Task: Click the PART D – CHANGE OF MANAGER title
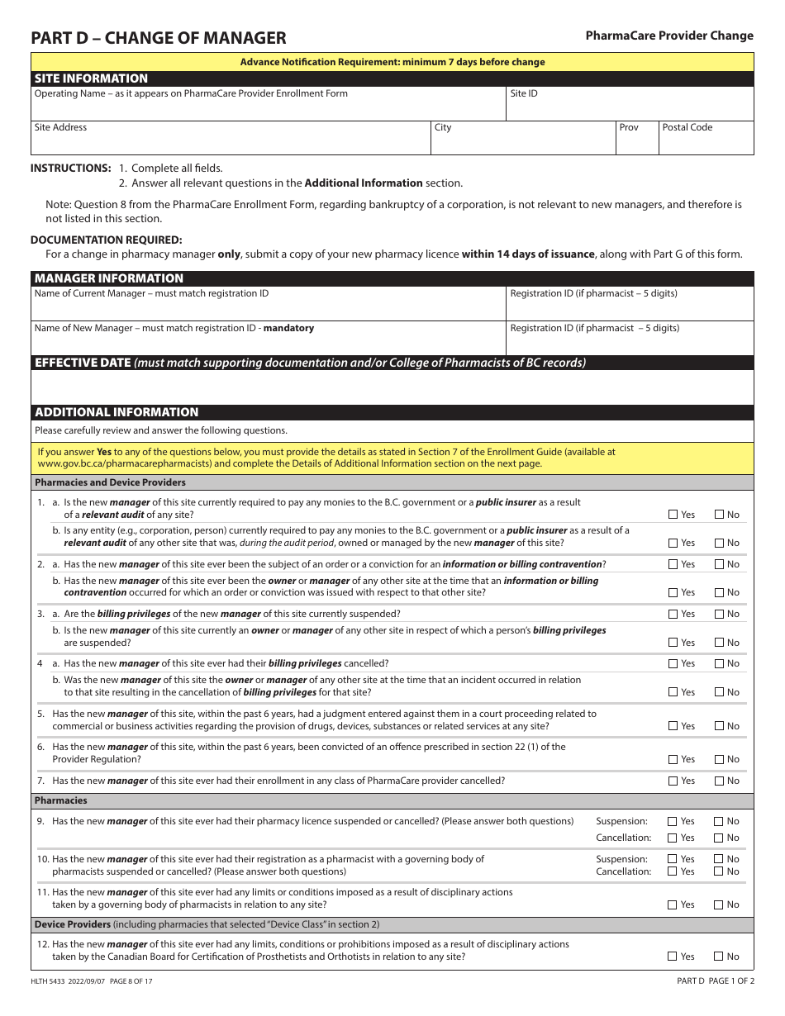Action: (x=159, y=38)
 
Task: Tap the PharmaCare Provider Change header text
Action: (x=669, y=36)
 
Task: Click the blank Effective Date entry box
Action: (x=392, y=387)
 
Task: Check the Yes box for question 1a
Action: (x=673, y=515)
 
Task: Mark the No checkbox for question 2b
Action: (x=719, y=592)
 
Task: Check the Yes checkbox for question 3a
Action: (x=673, y=614)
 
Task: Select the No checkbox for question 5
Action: (x=719, y=726)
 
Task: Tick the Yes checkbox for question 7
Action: (x=673, y=781)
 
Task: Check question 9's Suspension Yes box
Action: (x=673, y=821)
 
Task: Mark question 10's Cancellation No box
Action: (x=719, y=871)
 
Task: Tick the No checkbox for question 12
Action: (x=719, y=956)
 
